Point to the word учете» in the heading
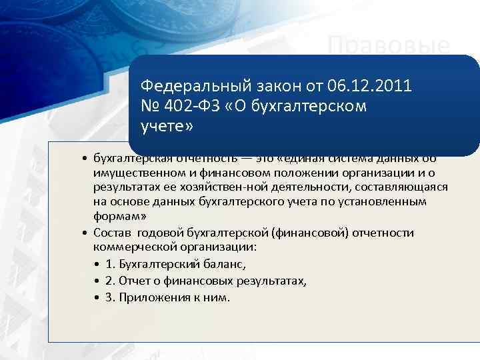click(166, 127)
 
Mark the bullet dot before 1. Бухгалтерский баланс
click(97, 264)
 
